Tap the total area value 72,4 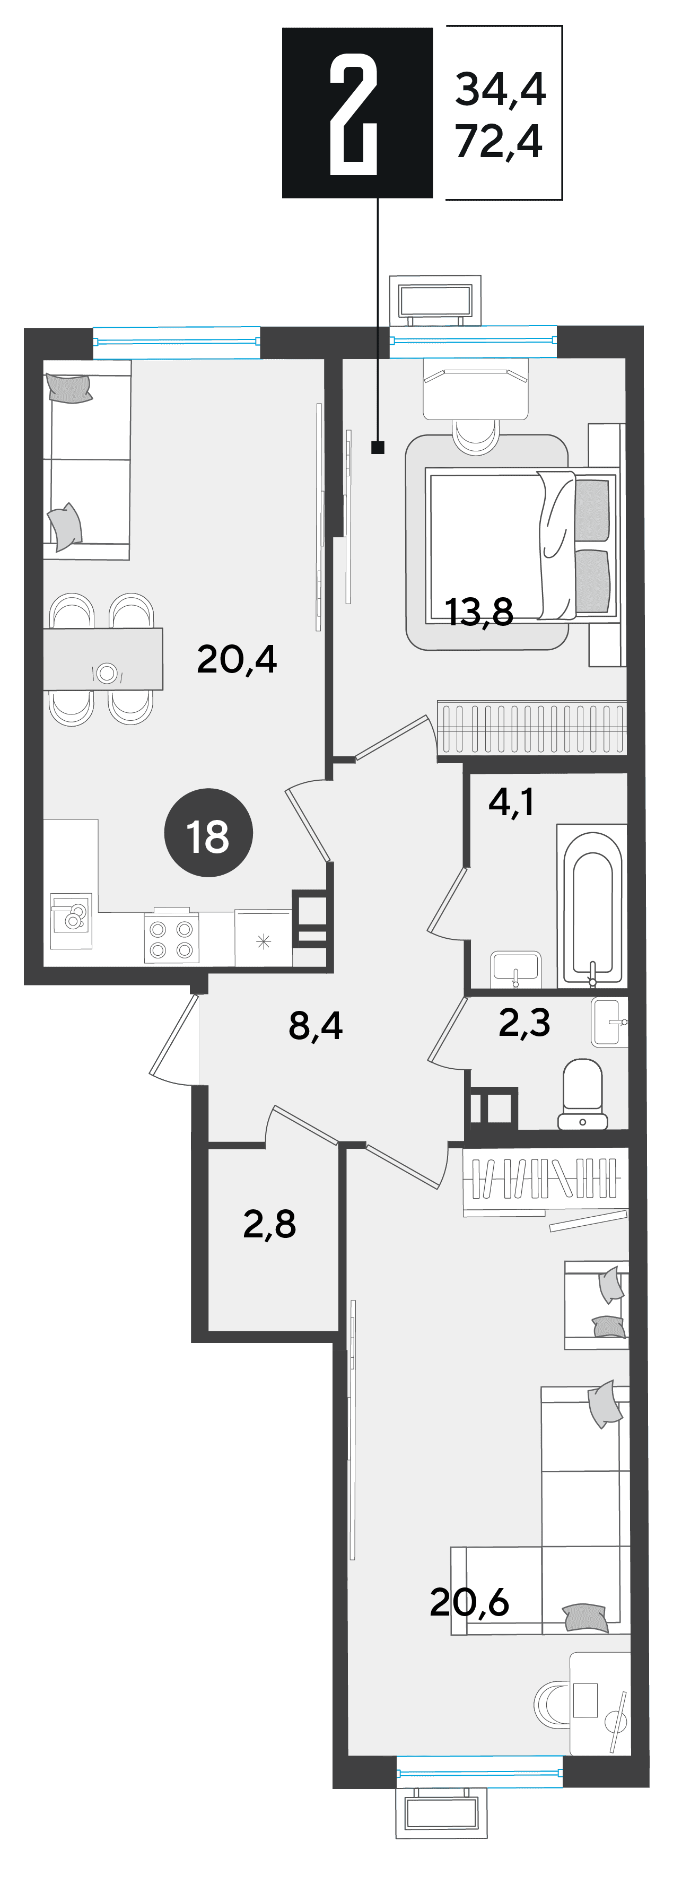499,141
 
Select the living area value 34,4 500,89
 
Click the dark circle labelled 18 208,833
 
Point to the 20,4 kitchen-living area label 237,659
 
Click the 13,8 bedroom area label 479,612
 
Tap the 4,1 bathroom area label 511,802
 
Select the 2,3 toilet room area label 524,1022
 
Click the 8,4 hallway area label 315,1026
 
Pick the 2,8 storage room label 269,1224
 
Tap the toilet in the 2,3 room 583,1093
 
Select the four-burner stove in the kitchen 171,937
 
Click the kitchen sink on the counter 71,921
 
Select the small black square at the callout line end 378,447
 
